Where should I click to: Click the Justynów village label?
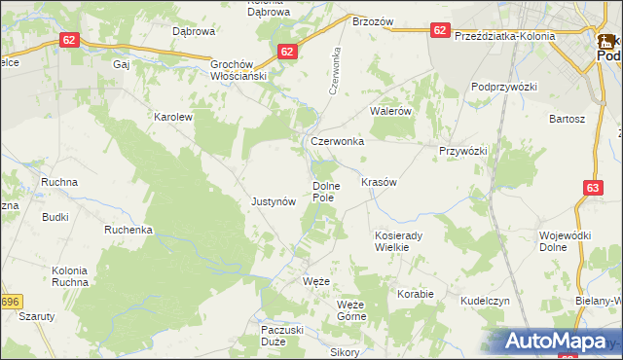click(273, 202)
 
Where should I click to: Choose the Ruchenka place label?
click(128, 231)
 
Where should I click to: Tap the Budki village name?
click(55, 217)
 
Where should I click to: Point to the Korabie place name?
click(415, 293)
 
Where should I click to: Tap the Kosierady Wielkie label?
click(397, 241)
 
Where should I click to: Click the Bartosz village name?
click(567, 119)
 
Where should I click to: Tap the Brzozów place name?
click(372, 21)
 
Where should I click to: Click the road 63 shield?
click(594, 187)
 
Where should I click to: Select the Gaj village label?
click(122, 64)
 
